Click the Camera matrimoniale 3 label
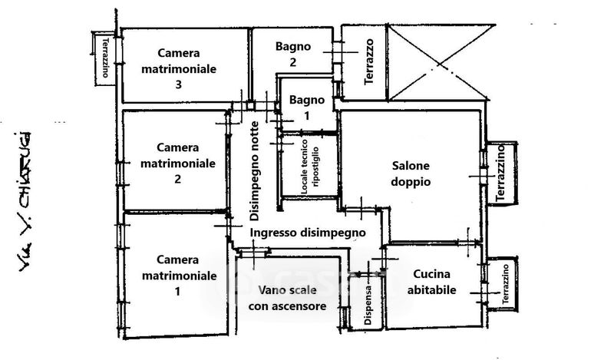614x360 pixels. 178,68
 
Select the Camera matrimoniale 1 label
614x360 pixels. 177,275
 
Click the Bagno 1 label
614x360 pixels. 306,107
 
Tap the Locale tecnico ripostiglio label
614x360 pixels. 309,167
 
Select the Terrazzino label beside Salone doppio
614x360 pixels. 500,174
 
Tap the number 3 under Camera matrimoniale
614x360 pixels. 178,85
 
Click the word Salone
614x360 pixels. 411,166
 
